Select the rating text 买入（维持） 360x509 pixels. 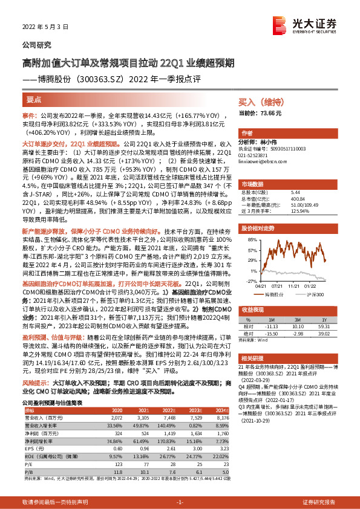258,103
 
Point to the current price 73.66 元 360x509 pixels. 260,113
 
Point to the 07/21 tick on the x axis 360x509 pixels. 278,286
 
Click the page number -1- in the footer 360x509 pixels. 180,502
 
